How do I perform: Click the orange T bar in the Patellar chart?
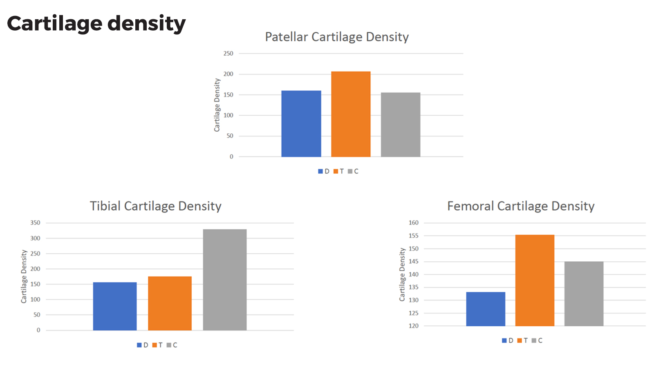[x=351, y=114]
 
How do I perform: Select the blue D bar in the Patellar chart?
[x=301, y=124]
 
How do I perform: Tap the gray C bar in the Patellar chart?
[x=401, y=125]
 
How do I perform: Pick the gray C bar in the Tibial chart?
[x=225, y=280]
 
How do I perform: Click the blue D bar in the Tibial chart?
[x=115, y=306]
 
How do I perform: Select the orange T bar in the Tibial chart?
[x=170, y=303]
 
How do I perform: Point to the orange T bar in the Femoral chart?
[x=535, y=280]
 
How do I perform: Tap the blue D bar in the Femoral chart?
[x=486, y=309]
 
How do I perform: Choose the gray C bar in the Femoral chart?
[x=584, y=294]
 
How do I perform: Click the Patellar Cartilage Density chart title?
[x=337, y=37]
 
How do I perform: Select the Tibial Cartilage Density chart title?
[x=155, y=206]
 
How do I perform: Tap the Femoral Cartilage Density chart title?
[x=521, y=206]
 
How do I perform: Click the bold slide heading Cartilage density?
[x=96, y=23]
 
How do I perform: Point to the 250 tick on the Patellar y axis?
[x=228, y=54]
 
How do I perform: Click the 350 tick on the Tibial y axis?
[x=35, y=223]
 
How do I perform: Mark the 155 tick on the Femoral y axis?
[x=414, y=236]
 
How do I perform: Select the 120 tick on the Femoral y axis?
[x=414, y=326]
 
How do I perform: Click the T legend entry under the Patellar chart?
[x=339, y=171]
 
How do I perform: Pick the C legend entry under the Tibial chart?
[x=172, y=345]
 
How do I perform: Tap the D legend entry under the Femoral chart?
[x=508, y=341]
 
